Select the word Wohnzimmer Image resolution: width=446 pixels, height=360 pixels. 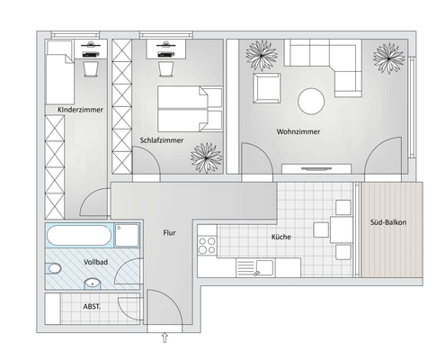[x=298, y=132]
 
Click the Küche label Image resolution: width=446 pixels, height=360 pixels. [x=281, y=238]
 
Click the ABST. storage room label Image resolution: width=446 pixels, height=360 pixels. [x=92, y=306]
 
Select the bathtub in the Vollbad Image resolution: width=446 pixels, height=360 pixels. [x=81, y=238]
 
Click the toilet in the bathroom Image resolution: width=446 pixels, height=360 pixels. [x=55, y=268]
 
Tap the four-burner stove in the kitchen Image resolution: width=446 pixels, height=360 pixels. [x=207, y=245]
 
